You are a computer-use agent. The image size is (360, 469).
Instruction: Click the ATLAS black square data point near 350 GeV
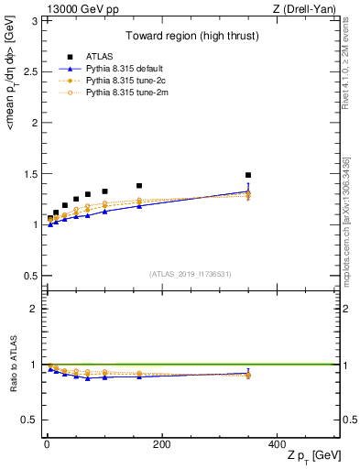pyautogui.click(x=248, y=175)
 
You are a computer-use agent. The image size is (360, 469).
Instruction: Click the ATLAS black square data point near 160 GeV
pyautogui.click(x=139, y=186)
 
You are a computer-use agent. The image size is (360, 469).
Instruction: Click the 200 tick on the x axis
pyautogui.click(x=161, y=443)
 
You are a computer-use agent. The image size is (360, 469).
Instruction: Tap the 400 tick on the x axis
pyautogui.click(x=277, y=443)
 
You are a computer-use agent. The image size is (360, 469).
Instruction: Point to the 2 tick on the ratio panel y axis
pyautogui.click(x=35, y=309)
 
